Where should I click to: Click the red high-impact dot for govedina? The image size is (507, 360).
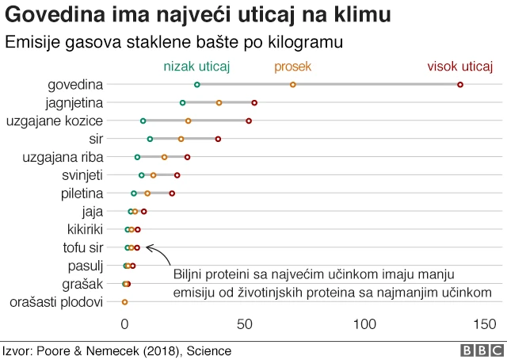tap(460, 84)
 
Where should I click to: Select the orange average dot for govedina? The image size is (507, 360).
tap(293, 84)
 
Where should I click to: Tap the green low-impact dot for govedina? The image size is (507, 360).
tap(197, 84)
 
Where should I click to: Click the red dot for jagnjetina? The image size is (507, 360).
tap(254, 102)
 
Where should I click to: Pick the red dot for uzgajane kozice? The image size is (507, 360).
tap(249, 121)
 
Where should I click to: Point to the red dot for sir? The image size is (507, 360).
tap(219, 139)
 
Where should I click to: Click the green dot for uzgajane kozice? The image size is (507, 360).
tap(143, 121)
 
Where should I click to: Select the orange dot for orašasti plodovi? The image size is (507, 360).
tap(124, 302)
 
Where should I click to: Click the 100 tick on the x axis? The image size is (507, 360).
tap(365, 324)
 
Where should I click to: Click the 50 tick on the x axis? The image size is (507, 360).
tap(245, 324)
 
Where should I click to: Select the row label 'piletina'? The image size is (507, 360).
tap(82, 193)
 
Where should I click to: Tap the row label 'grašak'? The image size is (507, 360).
tap(83, 284)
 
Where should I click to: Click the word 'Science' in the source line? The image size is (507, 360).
tap(209, 350)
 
